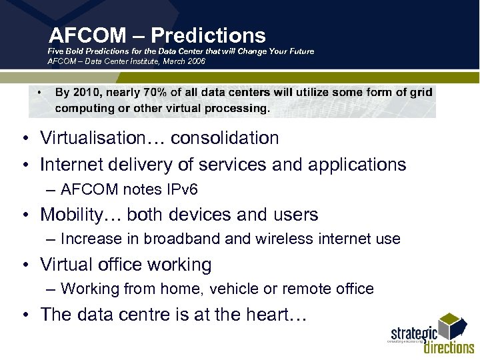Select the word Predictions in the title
click(208, 35)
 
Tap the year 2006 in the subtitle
click(195, 61)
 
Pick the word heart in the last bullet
click(273, 315)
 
